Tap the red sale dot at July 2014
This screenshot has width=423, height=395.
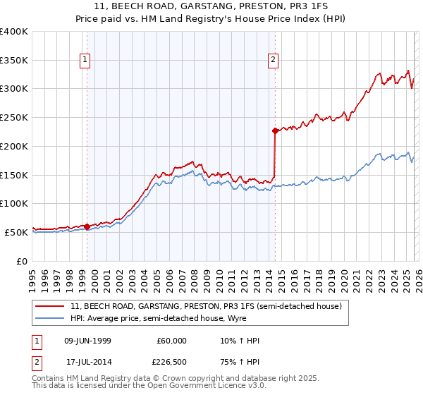point(274,130)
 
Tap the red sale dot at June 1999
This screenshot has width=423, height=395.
point(87,226)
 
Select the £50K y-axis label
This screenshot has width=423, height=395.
point(17,232)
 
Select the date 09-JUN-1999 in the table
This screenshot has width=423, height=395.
point(88,341)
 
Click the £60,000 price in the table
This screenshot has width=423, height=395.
point(172,341)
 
